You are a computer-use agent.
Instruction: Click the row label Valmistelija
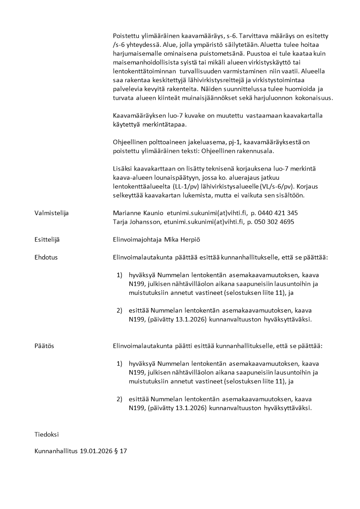(x=51, y=213)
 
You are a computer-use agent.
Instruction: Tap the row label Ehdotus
(x=46, y=257)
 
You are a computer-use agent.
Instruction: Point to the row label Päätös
(x=44, y=346)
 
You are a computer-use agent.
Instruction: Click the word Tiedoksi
(x=47, y=434)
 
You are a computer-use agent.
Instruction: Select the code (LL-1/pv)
(x=188, y=186)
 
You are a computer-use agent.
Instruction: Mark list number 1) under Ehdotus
(x=119, y=275)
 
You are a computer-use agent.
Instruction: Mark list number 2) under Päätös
(x=119, y=399)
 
